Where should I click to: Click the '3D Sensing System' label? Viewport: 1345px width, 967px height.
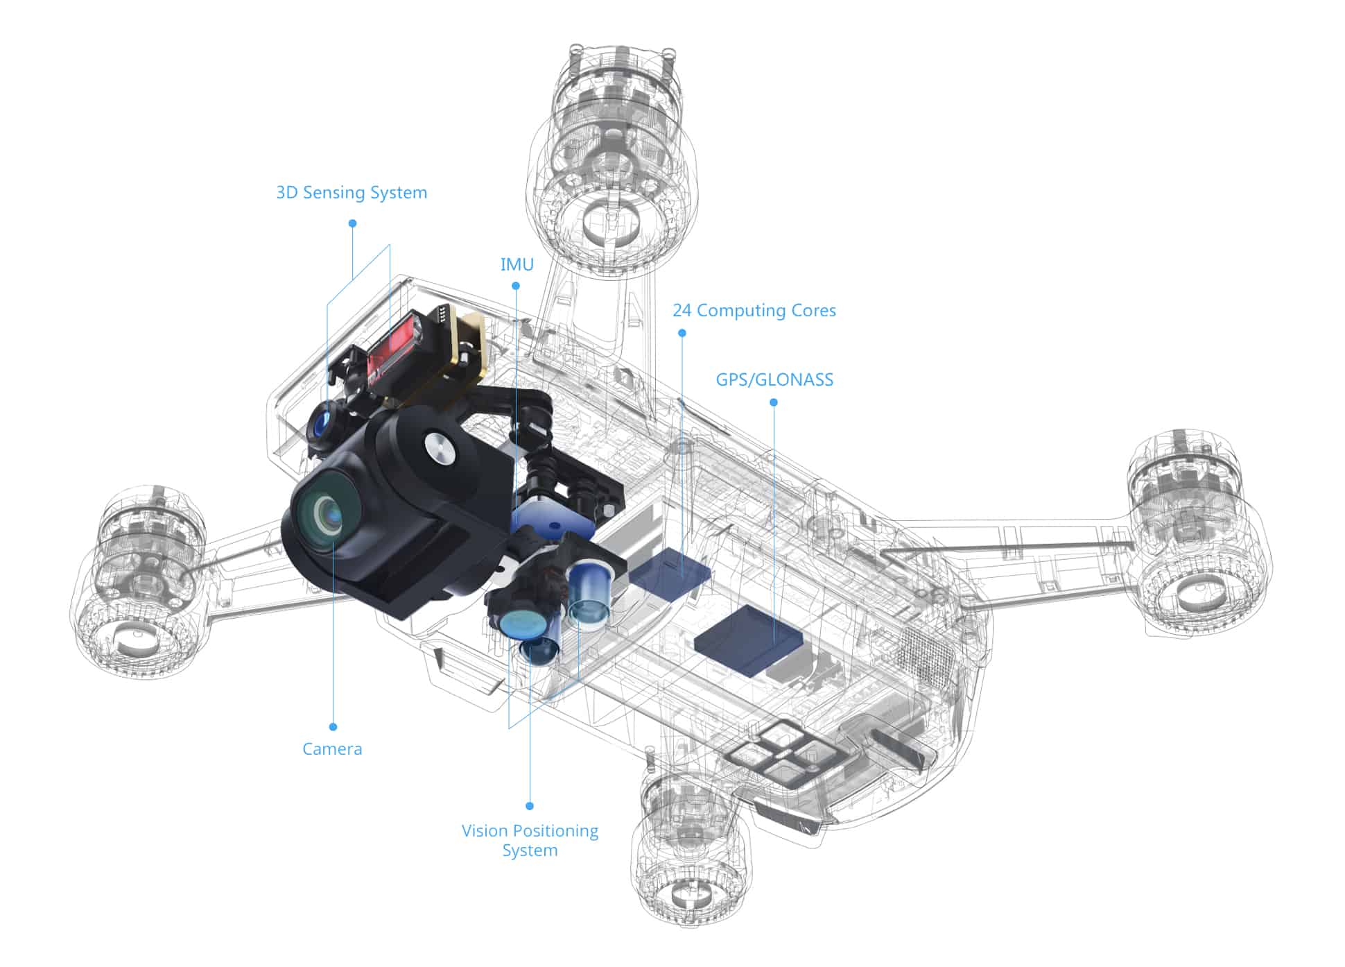[x=352, y=193]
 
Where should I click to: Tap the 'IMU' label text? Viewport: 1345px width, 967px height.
[x=517, y=264]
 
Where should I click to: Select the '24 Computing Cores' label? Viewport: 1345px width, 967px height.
[x=754, y=310]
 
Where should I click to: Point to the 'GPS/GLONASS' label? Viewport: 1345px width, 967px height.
[x=774, y=379]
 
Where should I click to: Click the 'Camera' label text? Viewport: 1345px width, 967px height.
[x=332, y=749]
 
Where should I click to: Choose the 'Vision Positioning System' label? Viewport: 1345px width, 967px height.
[x=530, y=840]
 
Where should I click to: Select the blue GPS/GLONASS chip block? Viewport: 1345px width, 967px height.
[x=749, y=638]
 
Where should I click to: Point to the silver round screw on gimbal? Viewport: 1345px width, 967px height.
[x=440, y=447]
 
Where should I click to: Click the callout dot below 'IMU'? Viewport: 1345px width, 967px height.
[x=516, y=286]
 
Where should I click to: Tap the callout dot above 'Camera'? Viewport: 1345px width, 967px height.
[x=333, y=727]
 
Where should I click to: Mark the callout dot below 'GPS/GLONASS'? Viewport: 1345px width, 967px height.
[x=774, y=402]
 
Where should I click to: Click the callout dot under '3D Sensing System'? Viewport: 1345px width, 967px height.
[x=352, y=223]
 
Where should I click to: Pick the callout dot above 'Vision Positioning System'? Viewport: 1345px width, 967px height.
[x=530, y=806]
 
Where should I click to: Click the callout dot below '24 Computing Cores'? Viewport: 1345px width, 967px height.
[x=682, y=333]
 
